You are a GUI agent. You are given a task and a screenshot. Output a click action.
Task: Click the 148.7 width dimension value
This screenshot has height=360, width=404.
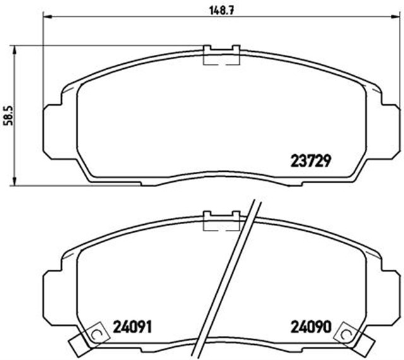(x=217, y=9)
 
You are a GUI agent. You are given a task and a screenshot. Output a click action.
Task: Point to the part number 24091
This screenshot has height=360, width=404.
(x=133, y=327)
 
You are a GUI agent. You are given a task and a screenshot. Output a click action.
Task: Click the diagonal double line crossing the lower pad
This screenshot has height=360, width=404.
(x=230, y=278)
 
